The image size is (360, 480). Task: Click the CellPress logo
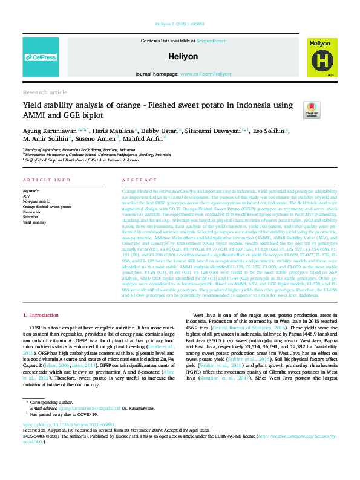(x=41, y=57)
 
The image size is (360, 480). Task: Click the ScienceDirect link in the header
(x=211, y=40)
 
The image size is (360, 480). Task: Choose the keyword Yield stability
(x=34, y=223)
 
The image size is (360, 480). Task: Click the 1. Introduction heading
(x=41, y=315)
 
